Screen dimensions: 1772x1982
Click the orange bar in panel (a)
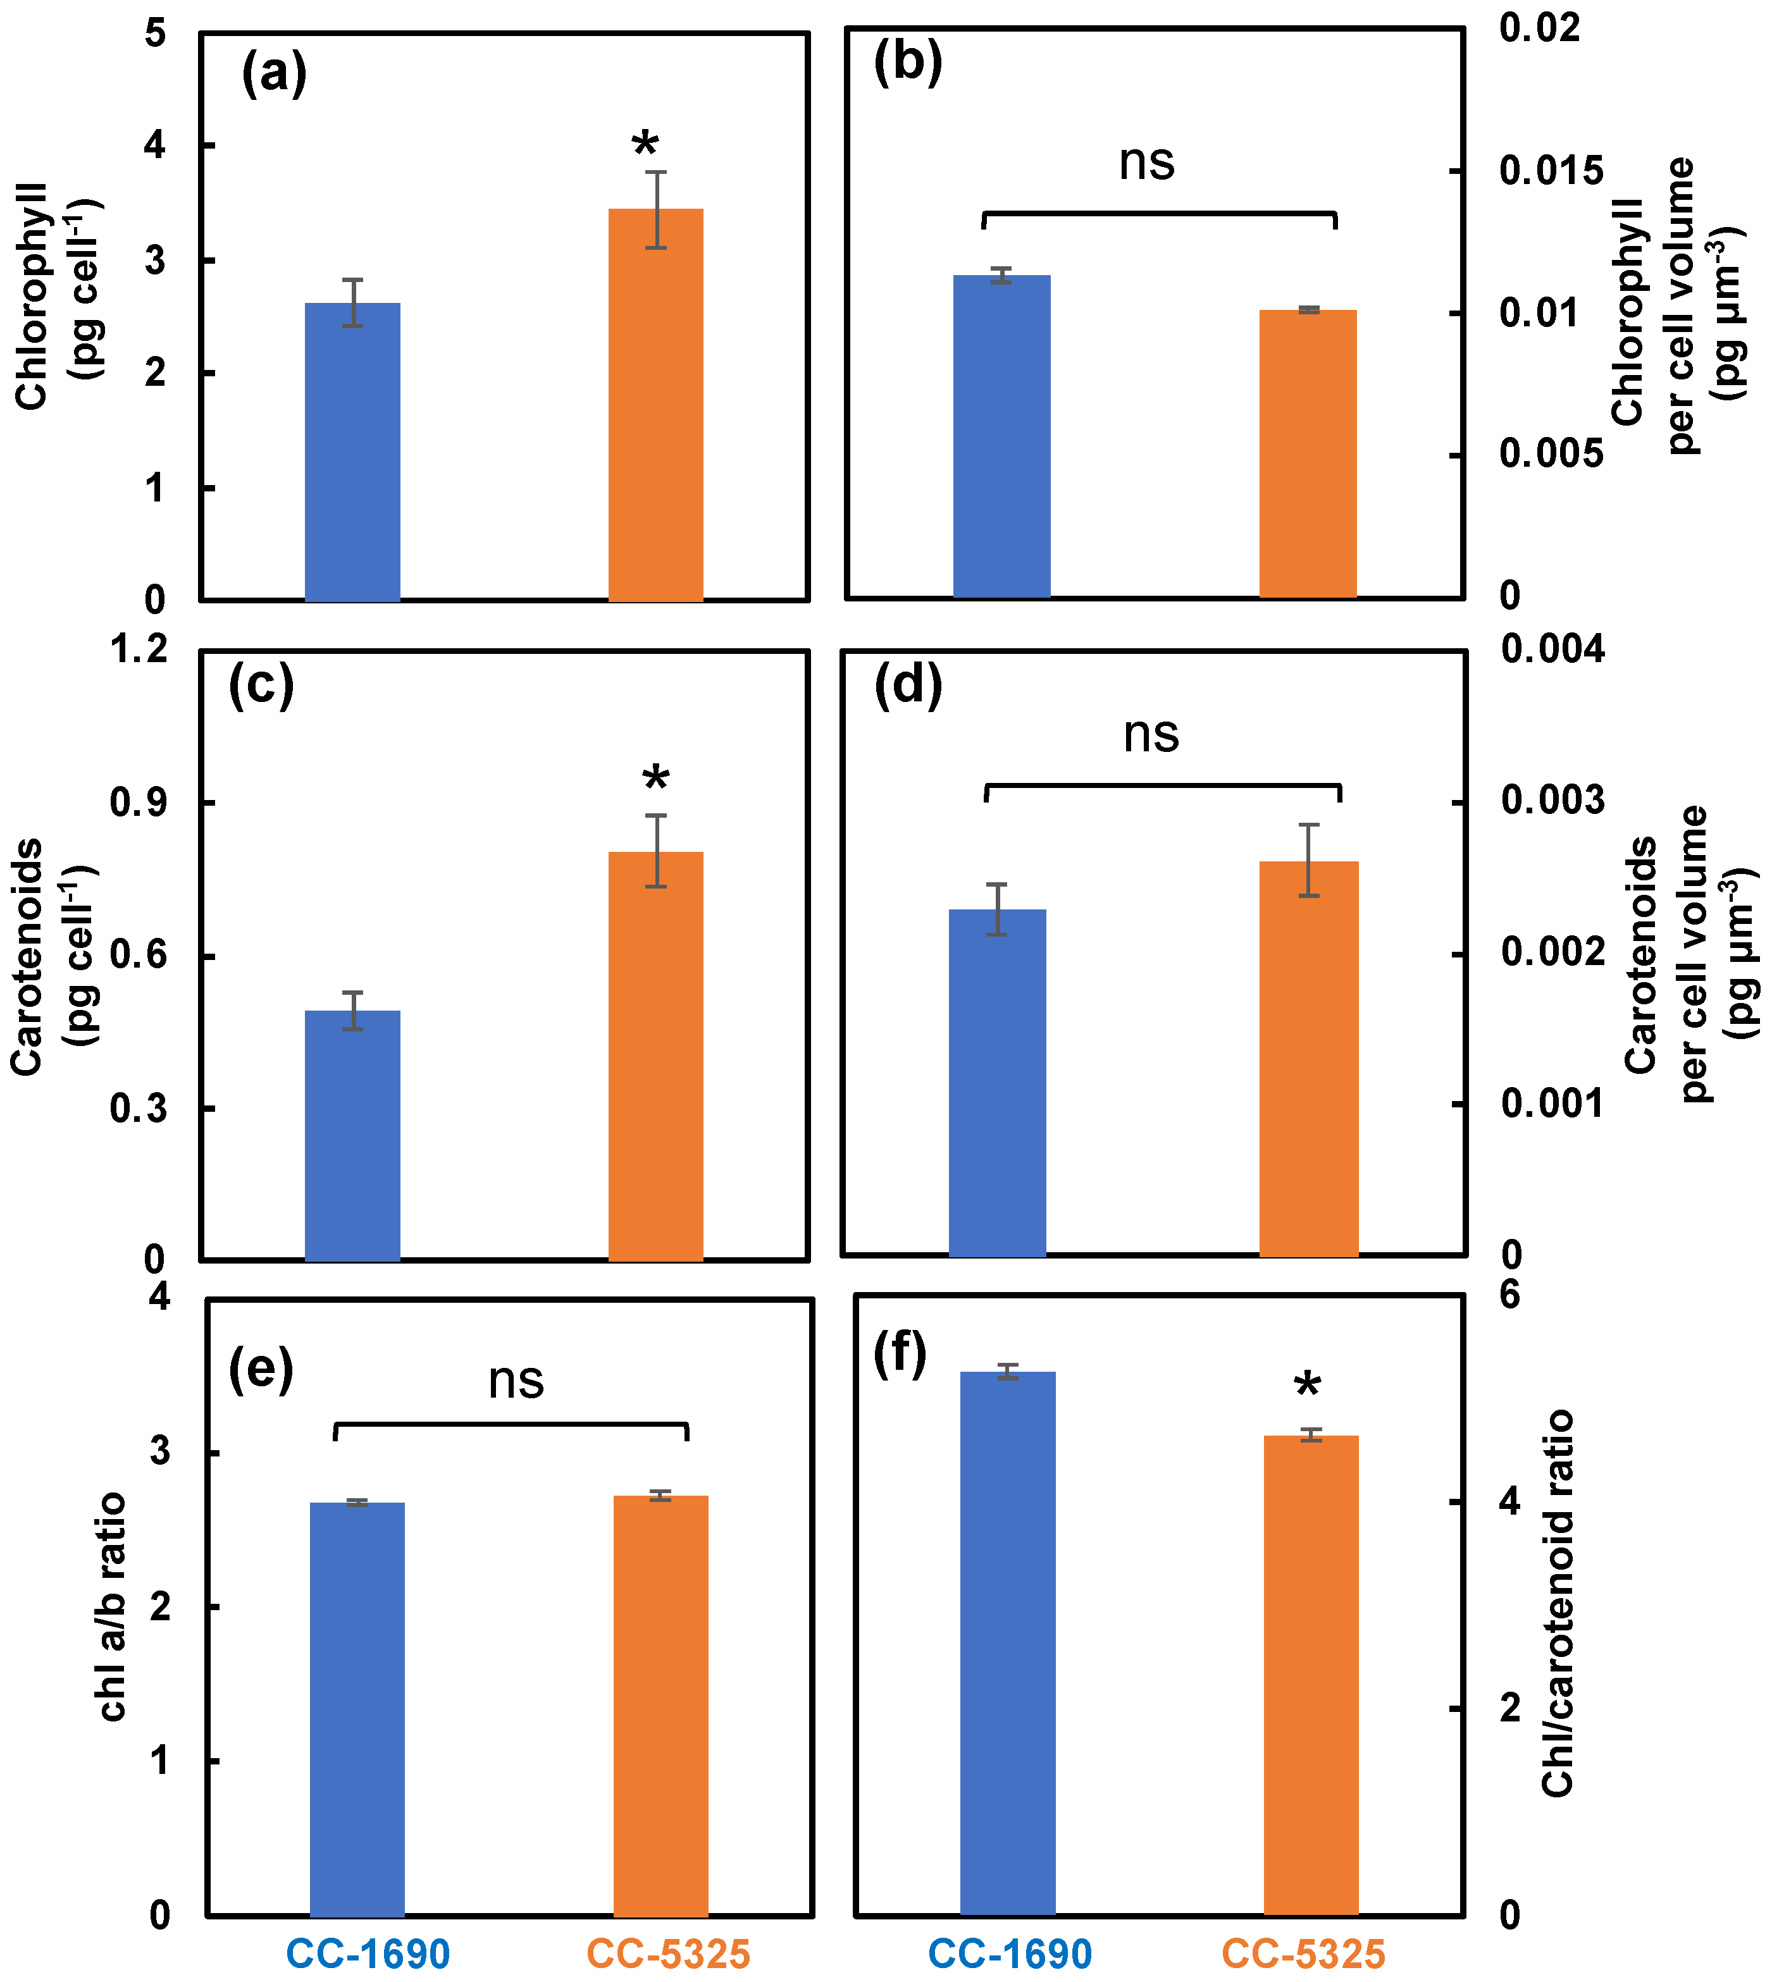[x=655, y=405]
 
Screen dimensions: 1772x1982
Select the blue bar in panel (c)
[x=352, y=1135]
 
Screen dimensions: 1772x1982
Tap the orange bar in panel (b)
[x=1308, y=453]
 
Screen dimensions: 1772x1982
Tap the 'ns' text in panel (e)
[x=516, y=1381]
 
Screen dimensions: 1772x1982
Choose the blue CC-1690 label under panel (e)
[x=368, y=1954]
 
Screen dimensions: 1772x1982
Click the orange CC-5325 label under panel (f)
[x=1304, y=1954]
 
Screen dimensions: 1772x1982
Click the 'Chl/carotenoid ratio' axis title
[x=1558, y=1603]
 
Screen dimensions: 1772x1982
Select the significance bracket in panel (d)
[x=1163, y=785]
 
